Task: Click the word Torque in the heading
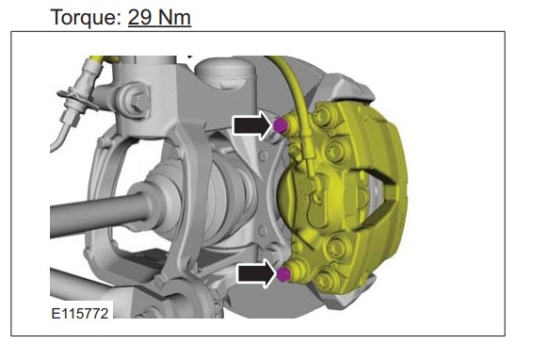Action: point(86,17)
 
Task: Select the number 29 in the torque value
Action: point(139,17)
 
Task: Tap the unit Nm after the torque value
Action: point(173,17)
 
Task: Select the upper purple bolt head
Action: point(280,125)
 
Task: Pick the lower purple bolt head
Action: point(283,274)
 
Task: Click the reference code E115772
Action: point(80,314)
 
